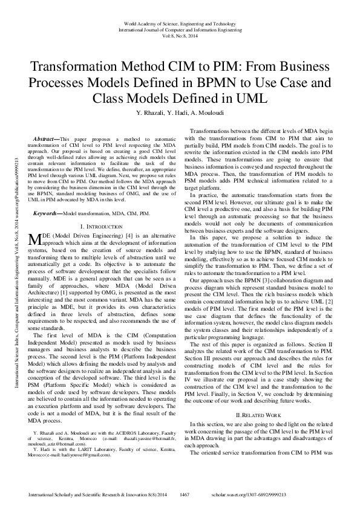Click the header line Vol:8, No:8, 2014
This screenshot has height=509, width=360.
(180, 35)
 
